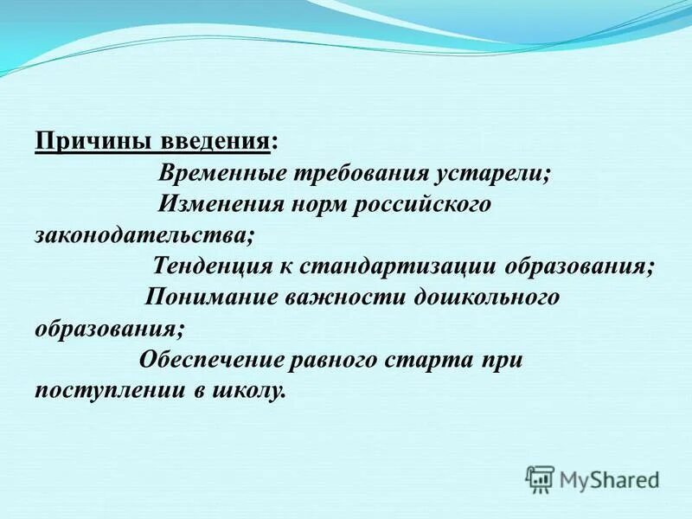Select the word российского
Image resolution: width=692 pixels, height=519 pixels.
coord(422,204)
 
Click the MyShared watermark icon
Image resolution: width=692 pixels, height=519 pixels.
coord(540,478)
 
